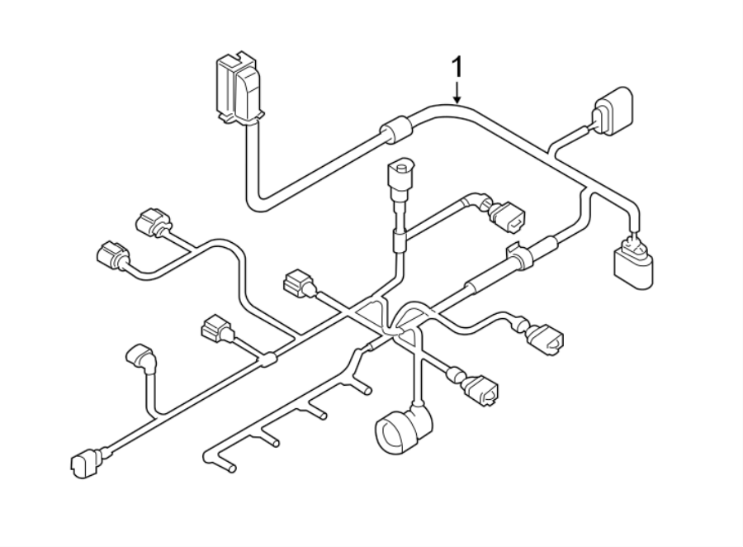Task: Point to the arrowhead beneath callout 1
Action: click(456, 98)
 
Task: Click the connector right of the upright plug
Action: click(504, 214)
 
